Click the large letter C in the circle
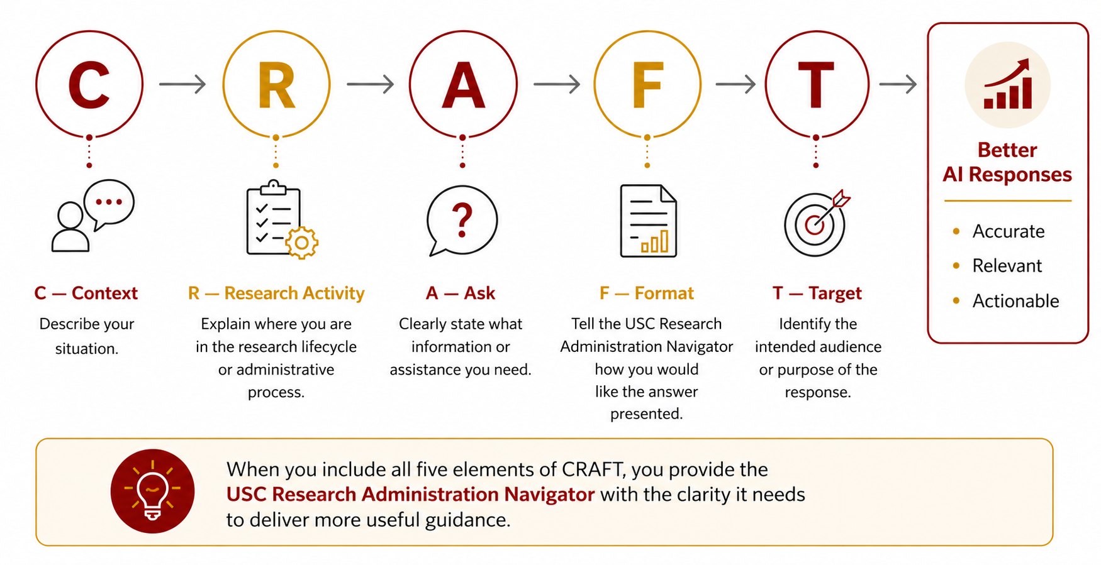point(89,85)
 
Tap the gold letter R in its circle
point(277,85)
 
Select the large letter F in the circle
point(648,85)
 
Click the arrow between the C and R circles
point(182,84)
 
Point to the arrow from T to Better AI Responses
point(898,84)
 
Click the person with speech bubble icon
point(92,216)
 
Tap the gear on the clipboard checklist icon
point(302,243)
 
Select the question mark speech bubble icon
point(462,221)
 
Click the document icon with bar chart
point(648,221)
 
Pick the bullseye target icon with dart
point(817,223)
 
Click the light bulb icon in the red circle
point(152,491)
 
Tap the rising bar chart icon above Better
point(1008,84)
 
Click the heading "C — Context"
point(86,293)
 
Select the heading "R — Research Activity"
point(276,293)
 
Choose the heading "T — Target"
point(817,293)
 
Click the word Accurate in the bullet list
point(1009,231)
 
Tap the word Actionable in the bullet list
point(1016,301)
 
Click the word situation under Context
point(86,349)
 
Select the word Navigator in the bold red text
point(549,495)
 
